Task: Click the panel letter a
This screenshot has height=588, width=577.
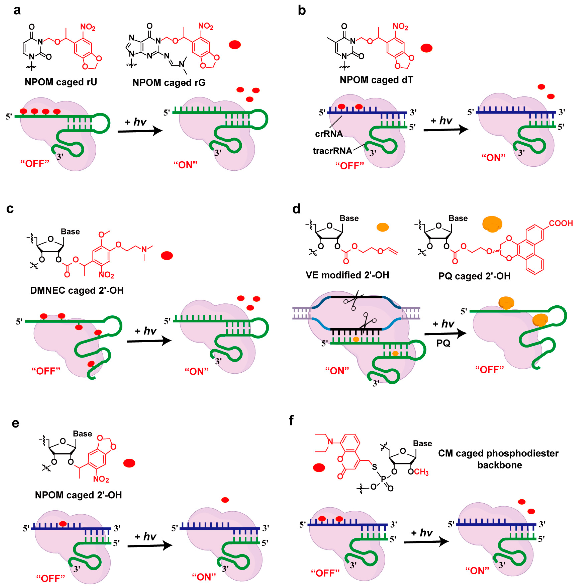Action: [17, 10]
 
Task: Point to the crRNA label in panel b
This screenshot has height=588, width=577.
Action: [329, 134]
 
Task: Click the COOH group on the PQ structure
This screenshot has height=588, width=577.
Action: [561, 223]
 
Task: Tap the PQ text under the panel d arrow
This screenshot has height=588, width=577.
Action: [443, 343]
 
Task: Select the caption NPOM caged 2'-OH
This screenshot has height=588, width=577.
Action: [78, 495]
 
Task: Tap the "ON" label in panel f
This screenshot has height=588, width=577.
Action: [477, 571]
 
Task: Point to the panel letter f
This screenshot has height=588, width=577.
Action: [291, 420]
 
